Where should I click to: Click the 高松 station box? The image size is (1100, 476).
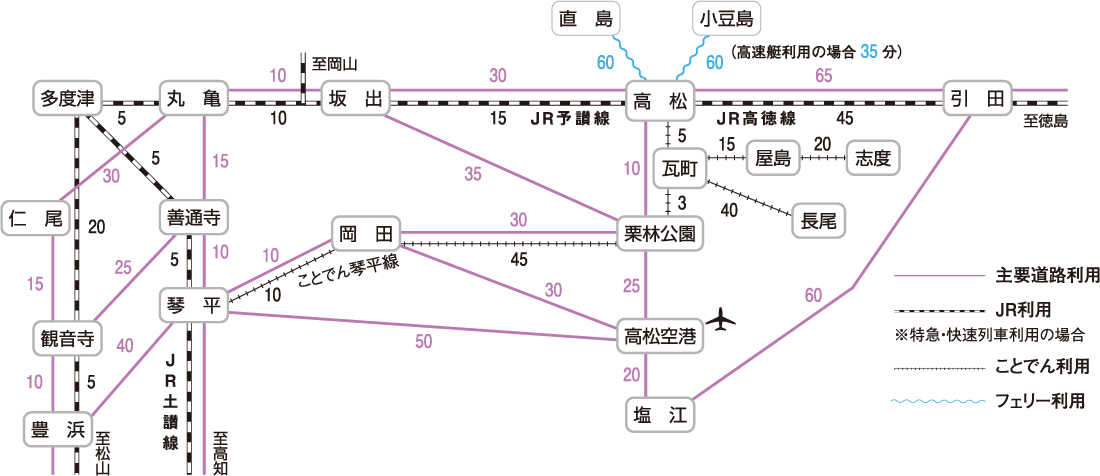click(661, 100)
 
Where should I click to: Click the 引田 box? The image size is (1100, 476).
click(977, 100)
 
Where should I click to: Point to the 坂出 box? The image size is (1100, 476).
click(357, 100)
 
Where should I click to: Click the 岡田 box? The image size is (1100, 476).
click(364, 235)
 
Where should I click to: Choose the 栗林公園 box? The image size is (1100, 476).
click(659, 235)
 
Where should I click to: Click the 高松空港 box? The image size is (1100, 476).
click(659, 334)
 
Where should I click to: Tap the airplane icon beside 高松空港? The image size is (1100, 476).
click(726, 323)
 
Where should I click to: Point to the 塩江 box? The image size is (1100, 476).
click(659, 414)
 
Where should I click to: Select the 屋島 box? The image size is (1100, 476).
click(774, 158)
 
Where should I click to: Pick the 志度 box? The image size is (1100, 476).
click(872, 158)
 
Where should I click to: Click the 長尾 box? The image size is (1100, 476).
click(818, 221)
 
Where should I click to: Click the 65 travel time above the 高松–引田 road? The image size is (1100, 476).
click(824, 76)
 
